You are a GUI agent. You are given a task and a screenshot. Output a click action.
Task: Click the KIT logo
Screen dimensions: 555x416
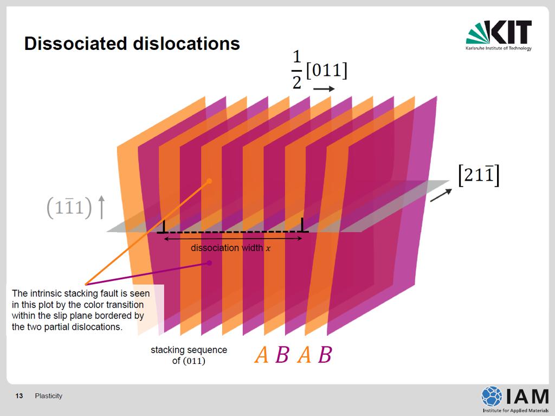coord(499,35)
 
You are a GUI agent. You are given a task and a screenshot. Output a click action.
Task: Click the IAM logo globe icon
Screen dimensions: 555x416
coord(492,396)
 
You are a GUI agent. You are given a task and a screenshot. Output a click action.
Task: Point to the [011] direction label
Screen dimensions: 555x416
coord(327,70)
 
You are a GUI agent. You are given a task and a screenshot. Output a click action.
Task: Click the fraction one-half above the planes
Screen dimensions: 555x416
coord(296,69)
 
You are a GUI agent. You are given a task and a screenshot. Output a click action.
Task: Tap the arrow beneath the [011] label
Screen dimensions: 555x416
coord(324,88)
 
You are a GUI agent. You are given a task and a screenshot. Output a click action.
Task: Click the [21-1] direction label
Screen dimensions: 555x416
coord(479,175)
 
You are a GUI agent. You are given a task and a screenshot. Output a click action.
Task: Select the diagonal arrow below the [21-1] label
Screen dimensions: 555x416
coord(441,195)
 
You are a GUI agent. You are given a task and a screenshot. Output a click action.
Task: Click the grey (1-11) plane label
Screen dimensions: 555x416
coord(69,207)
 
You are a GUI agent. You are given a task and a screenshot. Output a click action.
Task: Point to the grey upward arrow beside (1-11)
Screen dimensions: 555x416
coord(101,207)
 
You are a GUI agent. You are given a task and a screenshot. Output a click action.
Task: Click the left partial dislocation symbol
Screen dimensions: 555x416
coord(163,227)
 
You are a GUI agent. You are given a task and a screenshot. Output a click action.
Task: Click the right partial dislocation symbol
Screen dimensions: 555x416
coord(302,225)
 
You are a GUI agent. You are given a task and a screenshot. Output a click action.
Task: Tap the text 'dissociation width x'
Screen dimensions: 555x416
coord(231,248)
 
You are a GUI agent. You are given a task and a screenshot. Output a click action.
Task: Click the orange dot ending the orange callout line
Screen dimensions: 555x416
coord(209,181)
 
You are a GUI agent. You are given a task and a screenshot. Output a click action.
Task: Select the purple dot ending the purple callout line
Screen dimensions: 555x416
coord(209,263)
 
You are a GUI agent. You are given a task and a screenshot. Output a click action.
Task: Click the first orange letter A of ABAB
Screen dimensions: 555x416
coord(262,355)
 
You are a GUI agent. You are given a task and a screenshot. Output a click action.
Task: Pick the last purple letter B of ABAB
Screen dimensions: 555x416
coord(325,355)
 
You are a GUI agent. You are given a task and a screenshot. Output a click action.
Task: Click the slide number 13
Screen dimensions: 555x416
coord(19,396)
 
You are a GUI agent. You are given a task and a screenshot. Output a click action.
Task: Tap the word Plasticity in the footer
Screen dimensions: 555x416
coord(48,396)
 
